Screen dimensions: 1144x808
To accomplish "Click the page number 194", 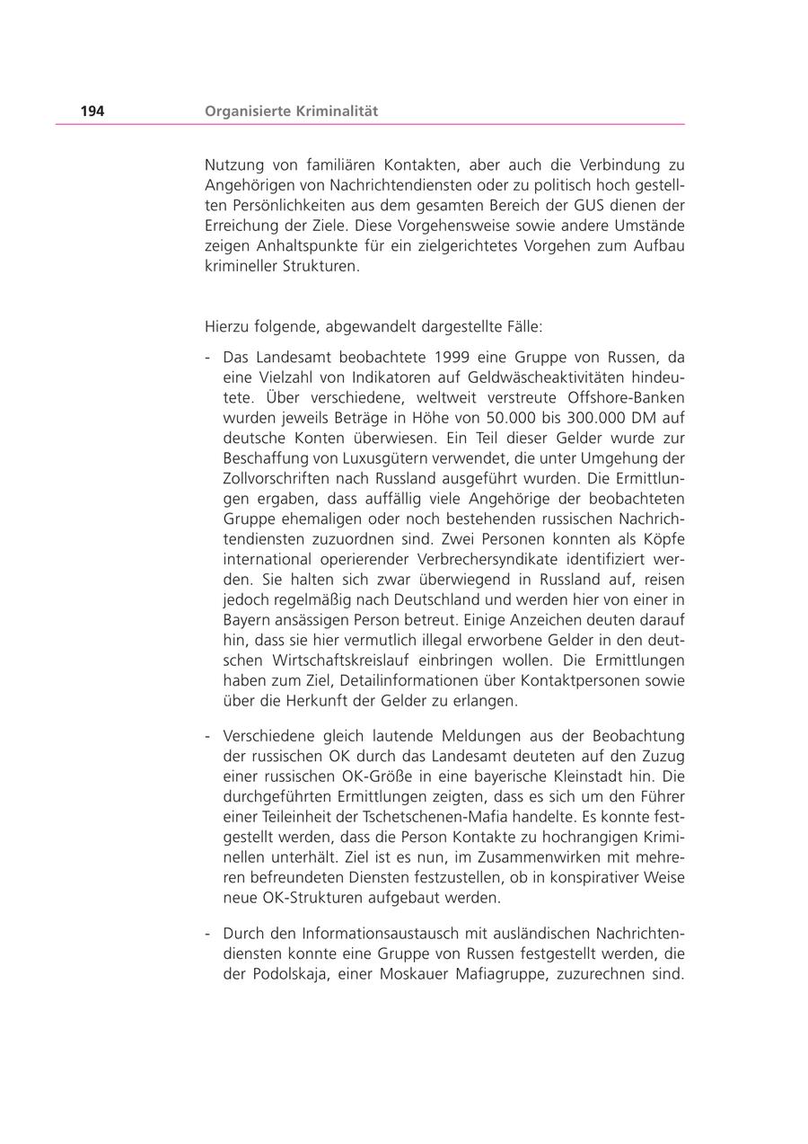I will (92, 111).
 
